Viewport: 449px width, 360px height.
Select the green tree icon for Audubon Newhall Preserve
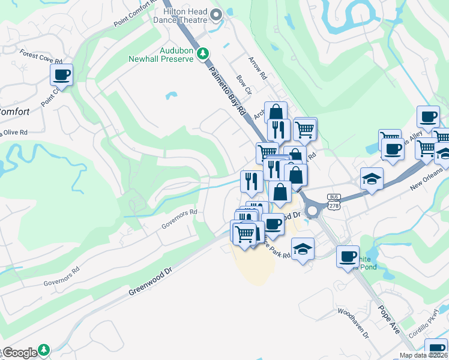click(203, 53)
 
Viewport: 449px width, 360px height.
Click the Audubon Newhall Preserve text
click(161, 55)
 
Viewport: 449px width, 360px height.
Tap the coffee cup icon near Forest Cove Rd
click(61, 75)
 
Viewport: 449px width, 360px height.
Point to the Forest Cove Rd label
click(41, 57)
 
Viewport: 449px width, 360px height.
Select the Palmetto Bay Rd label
click(229, 91)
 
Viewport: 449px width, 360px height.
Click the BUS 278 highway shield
click(334, 201)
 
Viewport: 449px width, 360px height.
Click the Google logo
click(19, 353)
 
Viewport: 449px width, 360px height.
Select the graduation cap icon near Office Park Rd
click(303, 249)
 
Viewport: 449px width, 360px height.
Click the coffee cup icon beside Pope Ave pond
click(348, 257)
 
